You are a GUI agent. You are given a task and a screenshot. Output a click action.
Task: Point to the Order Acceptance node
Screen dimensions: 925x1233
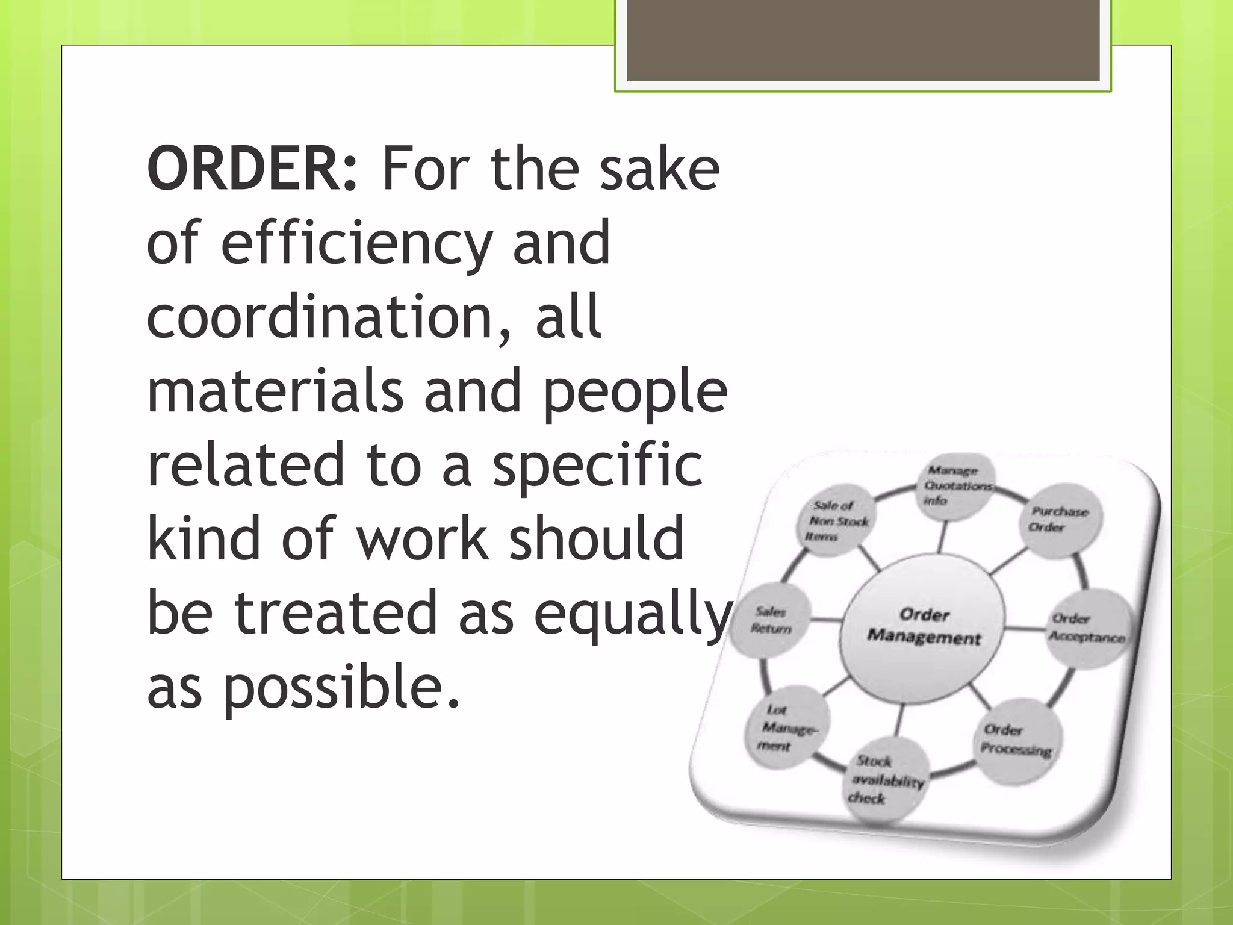(1087, 628)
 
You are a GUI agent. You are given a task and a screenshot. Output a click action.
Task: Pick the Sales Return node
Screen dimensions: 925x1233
(772, 620)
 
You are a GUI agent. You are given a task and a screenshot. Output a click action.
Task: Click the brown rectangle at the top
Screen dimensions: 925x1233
(863, 40)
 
